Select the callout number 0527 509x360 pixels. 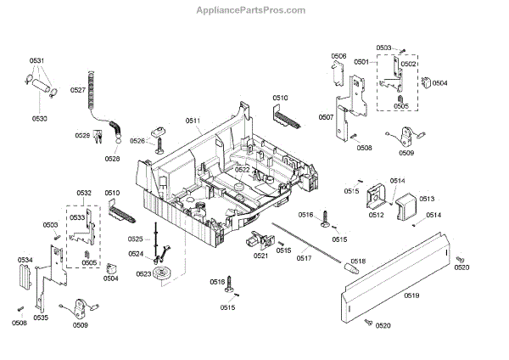[77, 89]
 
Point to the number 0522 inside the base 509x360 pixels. [243, 170]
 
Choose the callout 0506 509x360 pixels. [338, 56]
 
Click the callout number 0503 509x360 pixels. [384, 48]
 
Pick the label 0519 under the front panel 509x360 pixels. [411, 295]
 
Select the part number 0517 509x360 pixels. [304, 257]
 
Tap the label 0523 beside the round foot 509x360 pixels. [143, 273]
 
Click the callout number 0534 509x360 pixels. [25, 259]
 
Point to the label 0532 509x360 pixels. [83, 194]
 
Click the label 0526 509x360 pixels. [137, 141]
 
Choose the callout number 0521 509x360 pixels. [260, 256]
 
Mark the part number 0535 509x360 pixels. [41, 318]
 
